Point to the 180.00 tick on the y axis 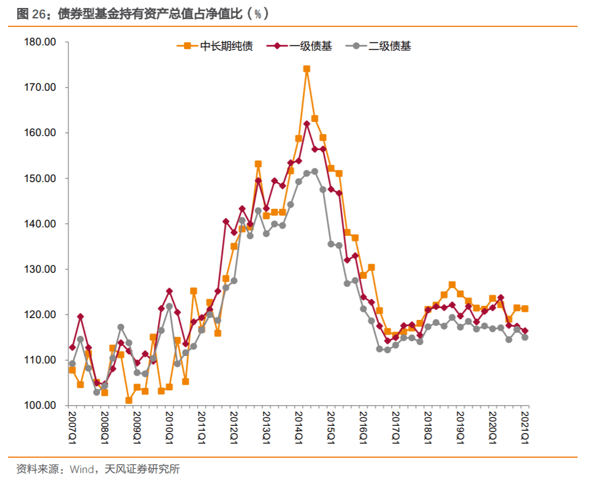[42, 42]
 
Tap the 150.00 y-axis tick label [42, 178]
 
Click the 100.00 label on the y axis [42, 406]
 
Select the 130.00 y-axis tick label [42, 269]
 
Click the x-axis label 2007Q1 [72, 427]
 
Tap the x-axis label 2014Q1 [298, 427]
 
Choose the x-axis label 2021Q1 [525, 427]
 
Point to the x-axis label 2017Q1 [396, 427]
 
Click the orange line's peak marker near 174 [306, 69]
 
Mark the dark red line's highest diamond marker [306, 124]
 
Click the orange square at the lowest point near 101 [129, 400]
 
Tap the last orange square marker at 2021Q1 [525, 309]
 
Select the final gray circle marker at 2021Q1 [525, 337]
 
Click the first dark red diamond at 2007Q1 [72, 347]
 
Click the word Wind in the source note [82, 469]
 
